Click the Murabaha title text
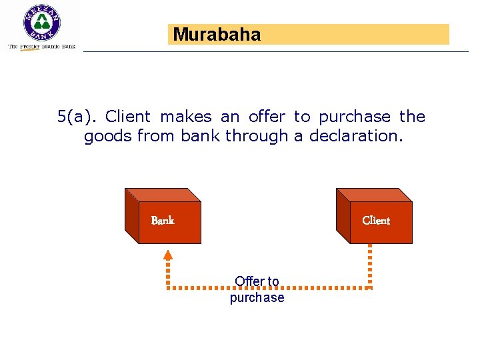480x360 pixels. [217, 35]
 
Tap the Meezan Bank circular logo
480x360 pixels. [41, 23]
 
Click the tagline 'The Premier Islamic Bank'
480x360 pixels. [41, 47]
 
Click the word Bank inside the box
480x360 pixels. [163, 221]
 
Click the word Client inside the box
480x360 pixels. [376, 221]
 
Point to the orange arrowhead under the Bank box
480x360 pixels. [168, 254]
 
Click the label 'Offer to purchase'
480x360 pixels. [257, 289]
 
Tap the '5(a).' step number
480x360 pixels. [77, 117]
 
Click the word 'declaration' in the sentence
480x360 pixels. [363, 136]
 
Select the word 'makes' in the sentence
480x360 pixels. [186, 117]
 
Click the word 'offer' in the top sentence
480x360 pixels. [266, 117]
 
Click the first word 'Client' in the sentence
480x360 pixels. [128, 117]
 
